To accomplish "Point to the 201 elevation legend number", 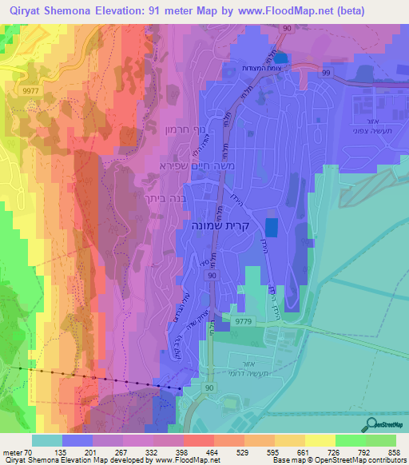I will coord(93,451).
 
